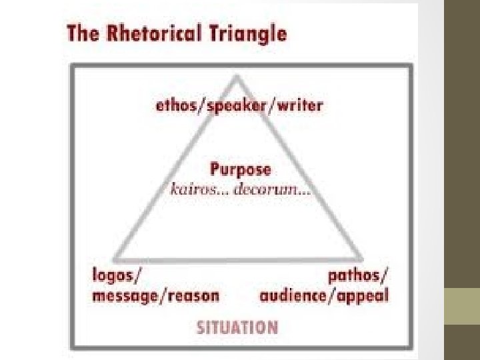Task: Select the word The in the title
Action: pyautogui.click(x=82, y=34)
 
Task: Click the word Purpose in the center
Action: pyautogui.click(x=241, y=170)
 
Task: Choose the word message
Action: pyautogui.click(x=123, y=295)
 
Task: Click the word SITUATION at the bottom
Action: pyautogui.click(x=237, y=327)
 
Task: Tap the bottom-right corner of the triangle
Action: pyautogui.click(x=363, y=259)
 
